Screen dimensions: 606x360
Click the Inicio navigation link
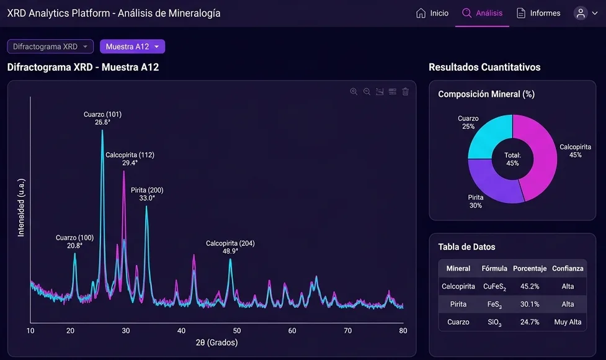pyautogui.click(x=432, y=13)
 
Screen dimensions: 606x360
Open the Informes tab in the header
pyautogui.click(x=538, y=13)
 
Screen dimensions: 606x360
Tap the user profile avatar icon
pyautogui.click(x=581, y=13)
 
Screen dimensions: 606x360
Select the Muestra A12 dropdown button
pyautogui.click(x=132, y=47)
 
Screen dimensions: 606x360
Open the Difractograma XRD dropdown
pyautogui.click(x=50, y=47)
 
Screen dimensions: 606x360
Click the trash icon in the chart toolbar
pyautogui.click(x=406, y=92)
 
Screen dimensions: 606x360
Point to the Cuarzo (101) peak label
pyautogui.click(x=102, y=119)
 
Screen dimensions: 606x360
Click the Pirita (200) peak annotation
pyautogui.click(x=147, y=194)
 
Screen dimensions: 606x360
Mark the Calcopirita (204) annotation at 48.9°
pyautogui.click(x=230, y=247)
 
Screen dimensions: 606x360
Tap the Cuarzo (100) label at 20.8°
pyautogui.click(x=74, y=241)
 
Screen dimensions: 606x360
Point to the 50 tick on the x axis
pyautogui.click(x=236, y=331)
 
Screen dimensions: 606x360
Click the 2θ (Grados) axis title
pyautogui.click(x=216, y=343)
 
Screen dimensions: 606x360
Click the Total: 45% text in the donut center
pyautogui.click(x=512, y=160)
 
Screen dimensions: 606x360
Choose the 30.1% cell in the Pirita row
pyautogui.click(x=530, y=304)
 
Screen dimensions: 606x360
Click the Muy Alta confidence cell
pyautogui.click(x=568, y=322)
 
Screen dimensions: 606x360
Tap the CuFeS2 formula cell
pyautogui.click(x=494, y=287)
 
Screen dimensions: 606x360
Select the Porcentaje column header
pyautogui.click(x=530, y=268)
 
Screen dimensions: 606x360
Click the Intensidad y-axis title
pyautogui.click(x=21, y=208)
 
